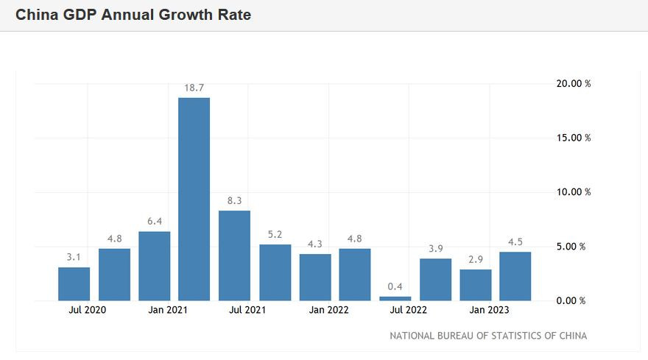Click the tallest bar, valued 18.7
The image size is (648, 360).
[x=194, y=199]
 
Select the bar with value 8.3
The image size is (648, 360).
[x=234, y=255]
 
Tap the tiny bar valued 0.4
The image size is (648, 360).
[x=395, y=298]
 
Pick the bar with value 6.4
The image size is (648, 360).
[x=155, y=266]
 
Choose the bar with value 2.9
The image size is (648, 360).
[x=476, y=285]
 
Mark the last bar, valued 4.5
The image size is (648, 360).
[x=515, y=276]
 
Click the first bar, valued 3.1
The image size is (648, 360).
[x=74, y=283]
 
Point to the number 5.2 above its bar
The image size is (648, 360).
[x=275, y=234]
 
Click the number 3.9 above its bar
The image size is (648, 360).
[x=435, y=248]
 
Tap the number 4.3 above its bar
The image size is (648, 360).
[x=315, y=244]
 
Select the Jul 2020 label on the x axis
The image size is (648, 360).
[x=88, y=310]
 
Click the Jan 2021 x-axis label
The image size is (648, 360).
[x=167, y=310]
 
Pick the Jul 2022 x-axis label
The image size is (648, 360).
[x=409, y=310]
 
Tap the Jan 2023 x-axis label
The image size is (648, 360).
[x=489, y=310]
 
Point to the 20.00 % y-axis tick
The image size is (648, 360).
[x=573, y=83]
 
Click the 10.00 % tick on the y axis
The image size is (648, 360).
[x=573, y=192]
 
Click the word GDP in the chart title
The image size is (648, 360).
[x=82, y=14]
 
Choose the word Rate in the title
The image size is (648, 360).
[x=234, y=14]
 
